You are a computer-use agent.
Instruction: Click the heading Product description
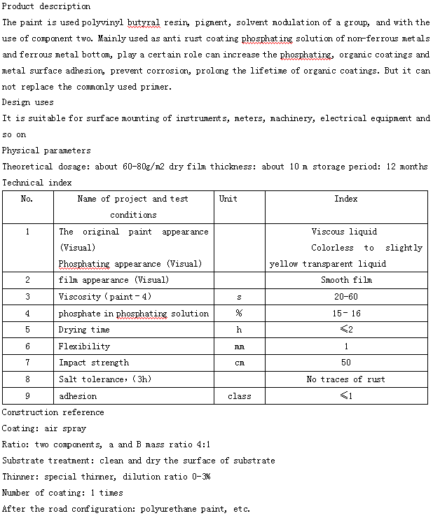(46, 6)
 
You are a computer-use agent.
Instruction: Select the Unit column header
(228, 199)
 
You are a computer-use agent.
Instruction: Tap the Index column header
(346, 199)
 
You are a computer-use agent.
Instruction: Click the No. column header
(27, 199)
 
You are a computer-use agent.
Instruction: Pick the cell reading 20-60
(346, 297)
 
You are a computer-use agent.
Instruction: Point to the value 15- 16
(346, 314)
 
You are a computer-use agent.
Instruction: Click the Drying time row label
(84, 330)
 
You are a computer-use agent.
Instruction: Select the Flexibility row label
(84, 346)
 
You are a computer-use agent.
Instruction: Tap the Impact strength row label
(94, 363)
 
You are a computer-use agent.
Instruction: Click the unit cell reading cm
(239, 363)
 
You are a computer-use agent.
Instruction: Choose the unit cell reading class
(239, 396)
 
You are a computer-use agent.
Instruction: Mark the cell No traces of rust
(346, 379)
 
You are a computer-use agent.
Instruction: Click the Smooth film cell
(346, 280)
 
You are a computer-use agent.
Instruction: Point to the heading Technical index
(36, 183)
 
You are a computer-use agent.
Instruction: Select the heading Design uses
(28, 102)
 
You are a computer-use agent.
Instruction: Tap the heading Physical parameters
(46, 150)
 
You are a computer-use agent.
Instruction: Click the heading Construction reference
(53, 412)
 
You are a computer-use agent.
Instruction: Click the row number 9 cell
(27, 396)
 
